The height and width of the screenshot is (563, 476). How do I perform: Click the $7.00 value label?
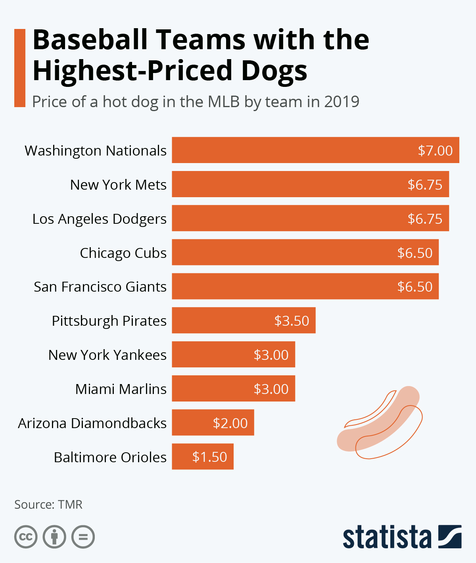pyautogui.click(x=435, y=151)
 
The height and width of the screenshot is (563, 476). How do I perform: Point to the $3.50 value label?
pyautogui.click(x=292, y=321)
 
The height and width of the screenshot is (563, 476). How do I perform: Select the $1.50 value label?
pyautogui.click(x=209, y=457)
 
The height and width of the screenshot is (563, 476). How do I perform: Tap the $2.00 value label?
pyautogui.click(x=230, y=423)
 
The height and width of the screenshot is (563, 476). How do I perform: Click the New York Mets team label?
pyautogui.click(x=118, y=185)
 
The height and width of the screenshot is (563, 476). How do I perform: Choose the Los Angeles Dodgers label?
pyautogui.click(x=99, y=219)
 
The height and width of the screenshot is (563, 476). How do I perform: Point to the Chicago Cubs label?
pyautogui.click(x=123, y=253)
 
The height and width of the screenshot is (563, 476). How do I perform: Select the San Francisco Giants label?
pyautogui.click(x=100, y=287)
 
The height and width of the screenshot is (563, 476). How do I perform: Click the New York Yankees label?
pyautogui.click(x=107, y=355)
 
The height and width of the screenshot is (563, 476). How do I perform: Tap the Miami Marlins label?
pyautogui.click(x=121, y=389)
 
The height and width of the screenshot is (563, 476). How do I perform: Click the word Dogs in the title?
pyautogui.click(x=274, y=71)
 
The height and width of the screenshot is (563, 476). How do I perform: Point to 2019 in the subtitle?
pyautogui.click(x=342, y=102)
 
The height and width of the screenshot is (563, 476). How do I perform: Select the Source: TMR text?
pyautogui.click(x=48, y=505)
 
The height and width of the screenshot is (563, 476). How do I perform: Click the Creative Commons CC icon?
pyautogui.click(x=26, y=537)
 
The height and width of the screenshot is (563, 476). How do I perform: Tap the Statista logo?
pyautogui.click(x=402, y=537)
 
